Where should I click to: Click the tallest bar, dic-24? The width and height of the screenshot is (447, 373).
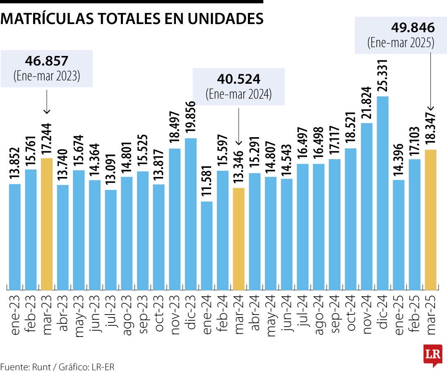(383, 193)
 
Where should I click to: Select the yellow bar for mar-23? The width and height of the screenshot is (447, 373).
(47, 224)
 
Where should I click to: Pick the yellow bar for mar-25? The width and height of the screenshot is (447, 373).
(431, 220)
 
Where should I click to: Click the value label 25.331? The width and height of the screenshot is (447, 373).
(383, 77)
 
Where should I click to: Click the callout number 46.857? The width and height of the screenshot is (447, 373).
(46, 61)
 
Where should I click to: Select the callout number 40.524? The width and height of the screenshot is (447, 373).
(239, 78)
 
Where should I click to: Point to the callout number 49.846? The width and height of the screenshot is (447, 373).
(413, 28)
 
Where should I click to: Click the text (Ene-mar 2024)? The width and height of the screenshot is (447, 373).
(239, 94)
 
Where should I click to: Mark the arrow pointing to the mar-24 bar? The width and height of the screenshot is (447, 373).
(239, 124)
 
